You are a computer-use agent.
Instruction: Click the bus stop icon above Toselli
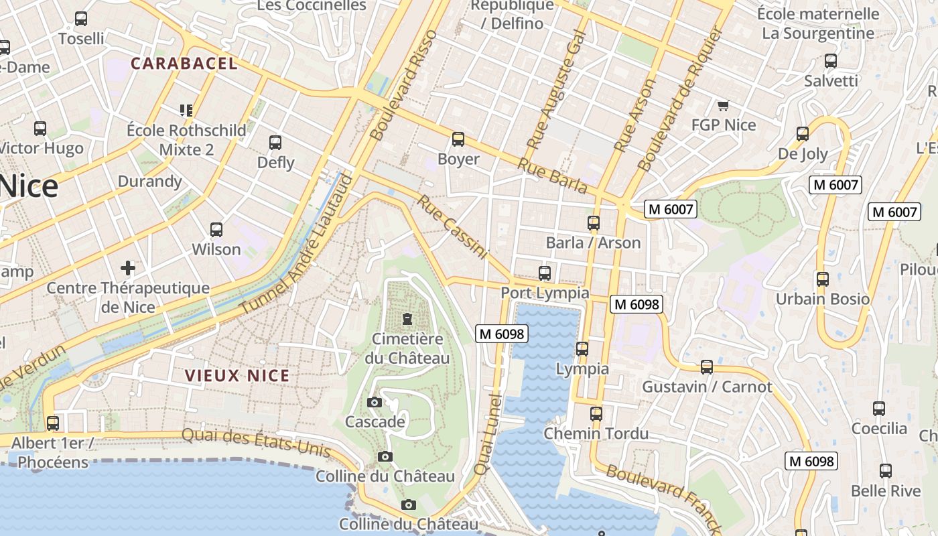pyautogui.click(x=81, y=19)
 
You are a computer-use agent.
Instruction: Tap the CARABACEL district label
pyautogui.click(x=184, y=64)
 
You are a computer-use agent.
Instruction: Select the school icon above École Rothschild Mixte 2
pyautogui.click(x=186, y=110)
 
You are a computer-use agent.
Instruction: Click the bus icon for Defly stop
pyautogui.click(x=275, y=142)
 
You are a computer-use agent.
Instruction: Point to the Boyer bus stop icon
pyautogui.click(x=458, y=139)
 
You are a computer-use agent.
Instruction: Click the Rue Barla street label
pyautogui.click(x=552, y=175)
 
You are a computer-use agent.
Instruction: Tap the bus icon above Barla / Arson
pyautogui.click(x=593, y=222)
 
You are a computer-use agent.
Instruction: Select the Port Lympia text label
pyautogui.click(x=545, y=293)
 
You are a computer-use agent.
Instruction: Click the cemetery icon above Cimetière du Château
pyautogui.click(x=407, y=318)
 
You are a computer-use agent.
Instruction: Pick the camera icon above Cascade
pyautogui.click(x=375, y=402)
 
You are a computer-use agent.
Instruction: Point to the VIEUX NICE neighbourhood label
pyautogui.click(x=237, y=376)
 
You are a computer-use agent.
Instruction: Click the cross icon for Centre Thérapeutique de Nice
pyautogui.click(x=128, y=269)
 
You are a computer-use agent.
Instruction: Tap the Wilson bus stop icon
pyautogui.click(x=216, y=230)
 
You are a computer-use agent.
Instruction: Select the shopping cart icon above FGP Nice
pyautogui.click(x=723, y=105)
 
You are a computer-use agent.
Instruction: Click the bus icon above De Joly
pyautogui.click(x=803, y=133)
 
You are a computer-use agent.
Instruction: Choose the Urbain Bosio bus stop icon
pyautogui.click(x=822, y=279)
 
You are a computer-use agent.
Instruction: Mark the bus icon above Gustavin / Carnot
pyautogui.click(x=707, y=366)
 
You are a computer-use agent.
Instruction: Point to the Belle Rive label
pyautogui.click(x=886, y=490)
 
